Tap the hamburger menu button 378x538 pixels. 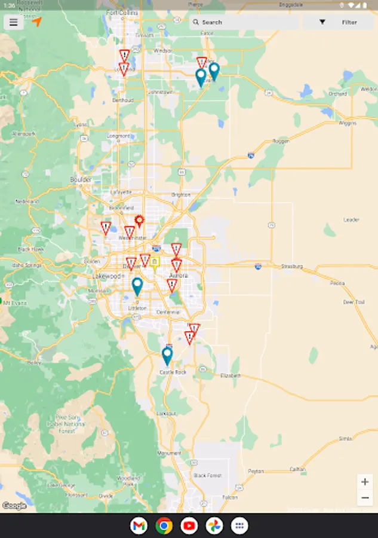(13, 22)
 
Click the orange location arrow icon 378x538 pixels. (37, 22)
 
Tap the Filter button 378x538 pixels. (338, 22)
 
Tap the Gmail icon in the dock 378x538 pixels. (139, 525)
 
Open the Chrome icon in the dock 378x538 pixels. (164, 525)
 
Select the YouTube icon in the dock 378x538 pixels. (189, 525)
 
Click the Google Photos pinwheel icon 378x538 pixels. (214, 525)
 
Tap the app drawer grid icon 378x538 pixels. (239, 525)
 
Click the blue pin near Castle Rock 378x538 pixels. (167, 356)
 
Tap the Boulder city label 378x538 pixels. (81, 179)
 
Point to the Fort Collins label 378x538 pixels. (122, 12)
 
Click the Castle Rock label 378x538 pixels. (173, 372)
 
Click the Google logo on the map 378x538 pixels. (14, 506)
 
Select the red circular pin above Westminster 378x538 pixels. (139, 221)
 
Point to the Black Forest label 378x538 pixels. (207, 475)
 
